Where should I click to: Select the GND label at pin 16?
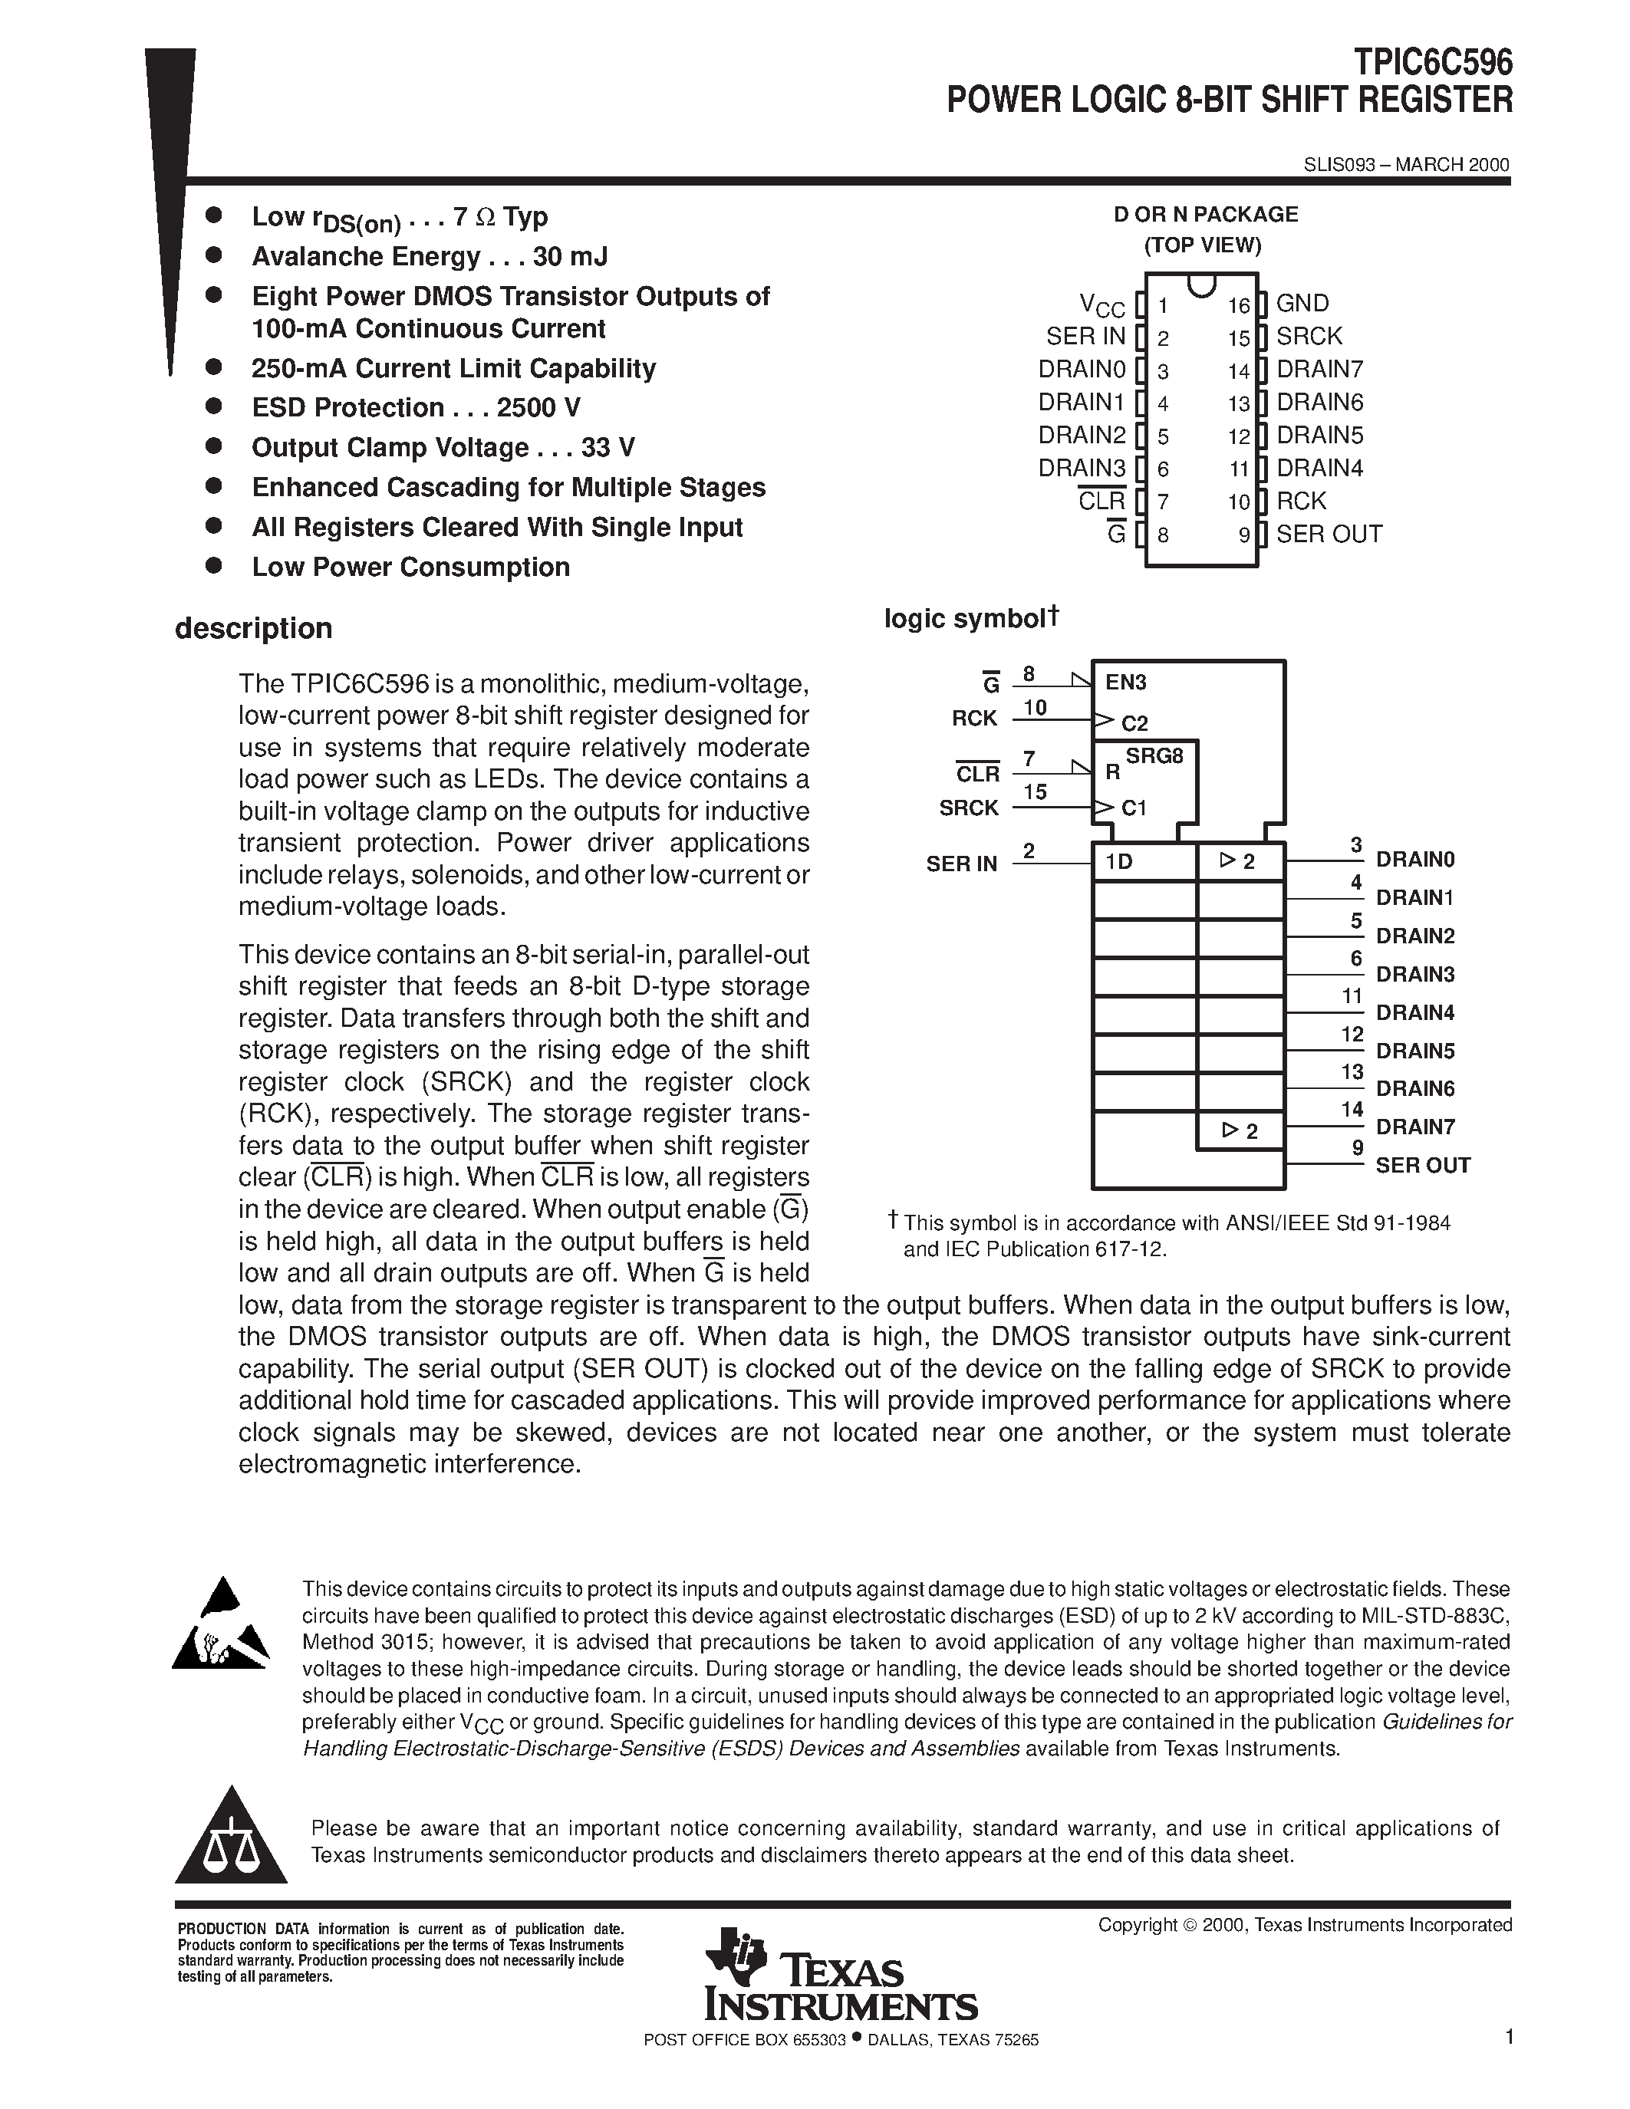pyautogui.click(x=1302, y=303)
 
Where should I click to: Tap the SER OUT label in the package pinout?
pyautogui.click(x=1329, y=534)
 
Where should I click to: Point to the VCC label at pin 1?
pyautogui.click(x=1101, y=306)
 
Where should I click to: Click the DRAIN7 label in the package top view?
pyautogui.click(x=1319, y=369)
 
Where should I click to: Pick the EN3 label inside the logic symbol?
pyautogui.click(x=1125, y=683)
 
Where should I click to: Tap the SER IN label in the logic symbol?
pyautogui.click(x=961, y=864)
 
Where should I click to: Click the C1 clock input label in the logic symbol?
pyautogui.click(x=1134, y=808)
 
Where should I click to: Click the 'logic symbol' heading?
pyautogui.click(x=966, y=618)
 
